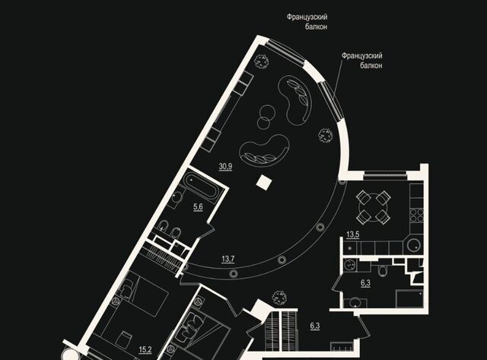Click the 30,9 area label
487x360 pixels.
click(225, 167)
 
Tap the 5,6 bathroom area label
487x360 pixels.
click(198, 207)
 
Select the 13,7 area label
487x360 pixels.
click(228, 259)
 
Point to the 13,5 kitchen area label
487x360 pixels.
click(353, 234)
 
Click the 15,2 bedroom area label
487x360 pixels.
click(145, 350)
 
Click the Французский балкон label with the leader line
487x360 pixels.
click(362, 61)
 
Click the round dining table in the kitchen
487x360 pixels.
click(373, 207)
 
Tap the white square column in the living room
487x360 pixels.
click(264, 183)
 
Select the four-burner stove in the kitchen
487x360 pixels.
click(416, 215)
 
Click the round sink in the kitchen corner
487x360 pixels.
click(414, 245)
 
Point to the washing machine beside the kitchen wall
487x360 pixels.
click(351, 266)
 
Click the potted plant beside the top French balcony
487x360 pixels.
click(261, 61)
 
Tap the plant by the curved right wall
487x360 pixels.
click(325, 135)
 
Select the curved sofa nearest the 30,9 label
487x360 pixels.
click(265, 151)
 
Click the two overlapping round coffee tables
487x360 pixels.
click(265, 116)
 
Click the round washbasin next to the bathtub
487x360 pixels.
click(177, 198)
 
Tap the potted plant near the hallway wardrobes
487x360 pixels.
click(279, 298)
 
